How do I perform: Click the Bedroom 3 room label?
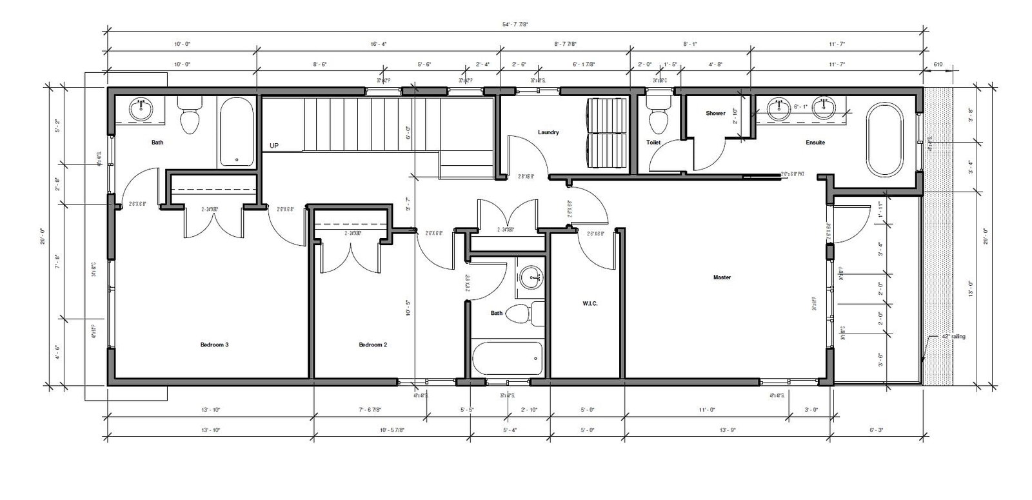(214, 345)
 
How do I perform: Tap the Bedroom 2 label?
(373, 345)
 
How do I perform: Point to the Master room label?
(722, 277)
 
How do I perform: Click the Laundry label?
(548, 132)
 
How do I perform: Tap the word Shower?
(715, 113)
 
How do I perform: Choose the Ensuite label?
(815, 143)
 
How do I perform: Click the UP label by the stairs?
(274, 146)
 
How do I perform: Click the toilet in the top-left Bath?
(190, 116)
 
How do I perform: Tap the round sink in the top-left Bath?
(140, 110)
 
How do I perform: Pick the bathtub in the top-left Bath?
(237, 133)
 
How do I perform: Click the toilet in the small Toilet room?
(659, 116)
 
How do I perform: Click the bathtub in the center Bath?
(507, 357)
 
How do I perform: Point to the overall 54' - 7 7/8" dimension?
(515, 24)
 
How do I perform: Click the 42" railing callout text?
(953, 336)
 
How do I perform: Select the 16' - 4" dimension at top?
(379, 45)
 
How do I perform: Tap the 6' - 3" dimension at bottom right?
(876, 430)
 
